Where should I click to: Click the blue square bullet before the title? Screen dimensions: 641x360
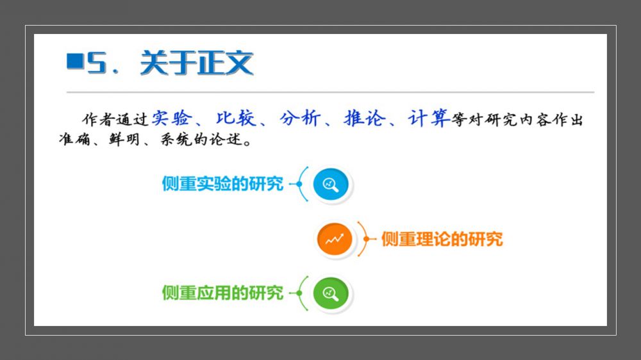click(x=75, y=61)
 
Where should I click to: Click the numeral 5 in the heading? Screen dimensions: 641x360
click(x=97, y=63)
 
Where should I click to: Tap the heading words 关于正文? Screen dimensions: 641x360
click(x=197, y=63)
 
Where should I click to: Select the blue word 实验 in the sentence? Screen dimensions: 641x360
click(x=172, y=118)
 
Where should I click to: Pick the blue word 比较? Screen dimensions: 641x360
click(x=236, y=118)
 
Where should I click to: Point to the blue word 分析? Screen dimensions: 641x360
click(x=300, y=118)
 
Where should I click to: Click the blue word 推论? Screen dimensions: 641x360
click(x=364, y=118)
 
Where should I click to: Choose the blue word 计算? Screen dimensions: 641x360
click(x=429, y=118)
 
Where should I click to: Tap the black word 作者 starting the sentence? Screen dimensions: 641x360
click(x=98, y=120)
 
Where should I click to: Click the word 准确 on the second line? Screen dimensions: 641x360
click(x=74, y=139)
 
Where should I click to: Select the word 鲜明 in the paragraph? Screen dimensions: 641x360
click(x=124, y=139)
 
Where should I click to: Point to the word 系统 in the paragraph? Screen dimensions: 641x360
click(x=176, y=139)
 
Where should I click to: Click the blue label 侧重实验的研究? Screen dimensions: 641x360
click(x=223, y=184)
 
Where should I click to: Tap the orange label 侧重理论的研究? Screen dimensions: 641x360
click(x=442, y=239)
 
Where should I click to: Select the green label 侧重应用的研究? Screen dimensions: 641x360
click(x=223, y=293)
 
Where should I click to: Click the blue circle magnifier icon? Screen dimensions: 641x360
click(x=331, y=184)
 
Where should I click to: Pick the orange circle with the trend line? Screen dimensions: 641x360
click(x=335, y=239)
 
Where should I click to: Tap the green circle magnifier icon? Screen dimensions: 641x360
click(x=331, y=293)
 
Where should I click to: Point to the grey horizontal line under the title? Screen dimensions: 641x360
click(x=330, y=92)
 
